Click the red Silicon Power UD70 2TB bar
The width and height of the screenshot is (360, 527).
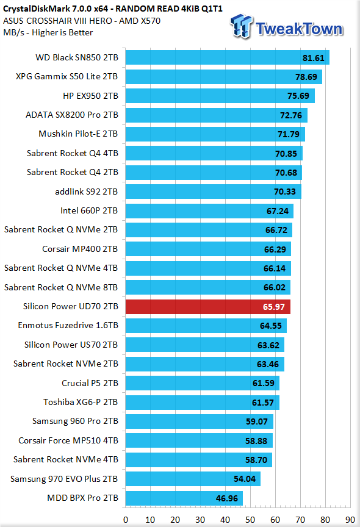207,307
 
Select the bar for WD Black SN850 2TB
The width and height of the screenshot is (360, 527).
227,57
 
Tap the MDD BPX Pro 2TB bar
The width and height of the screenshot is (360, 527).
184,498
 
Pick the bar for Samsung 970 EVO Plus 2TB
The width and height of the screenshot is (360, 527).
193,479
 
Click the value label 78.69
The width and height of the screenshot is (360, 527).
306,77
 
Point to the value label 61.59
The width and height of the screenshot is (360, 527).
263,383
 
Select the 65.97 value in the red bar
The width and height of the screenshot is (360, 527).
273,307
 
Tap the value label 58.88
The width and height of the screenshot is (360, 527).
256,441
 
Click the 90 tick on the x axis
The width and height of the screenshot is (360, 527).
350,520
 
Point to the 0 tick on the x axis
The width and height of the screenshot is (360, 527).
126,520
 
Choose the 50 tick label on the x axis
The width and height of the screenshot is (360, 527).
250,520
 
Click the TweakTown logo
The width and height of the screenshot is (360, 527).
286,27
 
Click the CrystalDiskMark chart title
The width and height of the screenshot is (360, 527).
113,9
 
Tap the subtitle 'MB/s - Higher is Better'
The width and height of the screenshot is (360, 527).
48,32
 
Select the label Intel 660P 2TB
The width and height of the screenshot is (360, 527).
89,210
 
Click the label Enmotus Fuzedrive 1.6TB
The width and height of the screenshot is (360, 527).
68,325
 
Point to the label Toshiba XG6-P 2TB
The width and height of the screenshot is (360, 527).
81,402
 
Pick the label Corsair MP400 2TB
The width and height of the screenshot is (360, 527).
80,249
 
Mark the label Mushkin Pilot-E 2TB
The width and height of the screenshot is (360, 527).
78,134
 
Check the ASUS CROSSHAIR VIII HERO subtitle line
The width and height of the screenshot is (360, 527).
82,21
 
